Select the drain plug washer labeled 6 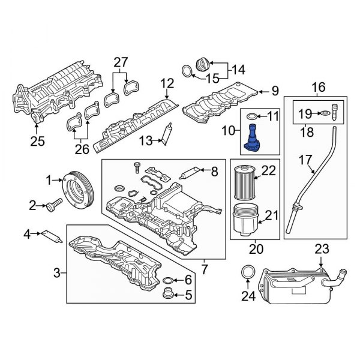click(x=169, y=280)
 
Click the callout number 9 click(x=275, y=91)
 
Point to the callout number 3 click(x=57, y=274)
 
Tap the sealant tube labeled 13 click(x=169, y=133)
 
